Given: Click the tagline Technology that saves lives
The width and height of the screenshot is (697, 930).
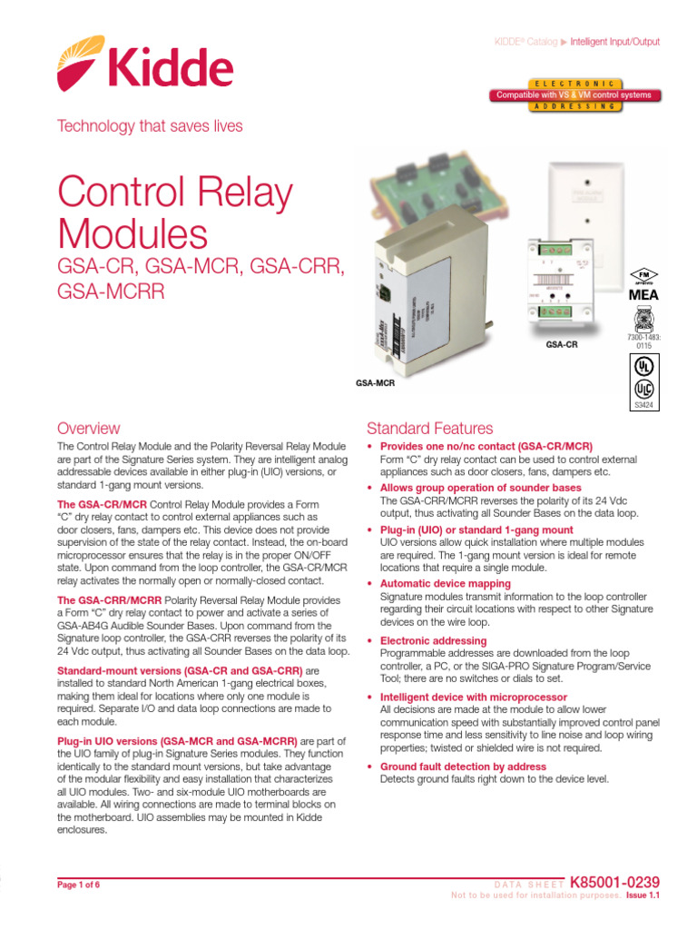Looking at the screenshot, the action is (150, 126).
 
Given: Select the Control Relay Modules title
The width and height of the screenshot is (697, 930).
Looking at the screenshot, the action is (176, 214).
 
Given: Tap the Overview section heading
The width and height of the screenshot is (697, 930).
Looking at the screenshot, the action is (88, 428).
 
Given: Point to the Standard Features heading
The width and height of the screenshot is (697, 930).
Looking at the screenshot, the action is (429, 428).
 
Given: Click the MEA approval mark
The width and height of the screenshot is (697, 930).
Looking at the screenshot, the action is (642, 295).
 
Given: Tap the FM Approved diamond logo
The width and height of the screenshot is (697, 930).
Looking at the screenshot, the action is (642, 275).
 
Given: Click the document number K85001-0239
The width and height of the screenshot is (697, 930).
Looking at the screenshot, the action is (614, 881).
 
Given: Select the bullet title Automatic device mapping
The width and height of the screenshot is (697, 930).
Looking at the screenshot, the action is (445, 583).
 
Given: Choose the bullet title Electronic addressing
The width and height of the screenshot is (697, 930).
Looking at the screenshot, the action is (433, 640).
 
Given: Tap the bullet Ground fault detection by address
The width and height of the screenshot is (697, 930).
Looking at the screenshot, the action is (463, 767).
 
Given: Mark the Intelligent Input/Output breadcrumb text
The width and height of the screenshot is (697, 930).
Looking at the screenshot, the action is (614, 42).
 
